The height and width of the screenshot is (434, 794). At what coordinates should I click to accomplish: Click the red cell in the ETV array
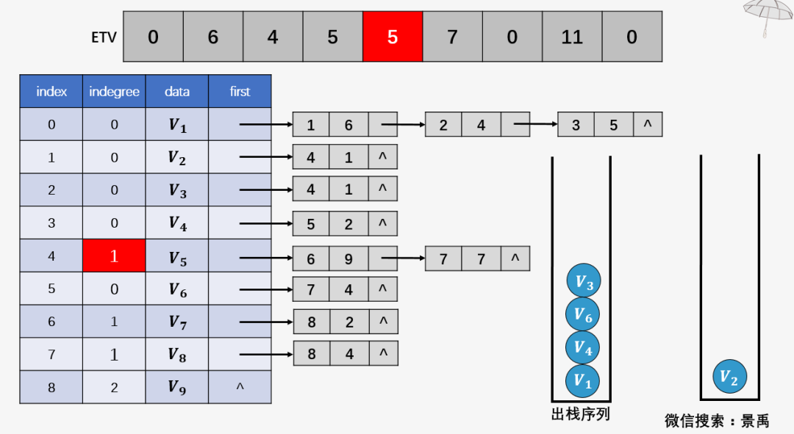[393, 37]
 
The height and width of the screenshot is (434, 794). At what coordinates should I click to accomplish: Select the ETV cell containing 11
[572, 37]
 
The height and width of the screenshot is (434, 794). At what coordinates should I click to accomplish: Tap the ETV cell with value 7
[452, 37]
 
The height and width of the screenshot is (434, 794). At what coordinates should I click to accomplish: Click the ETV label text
[104, 37]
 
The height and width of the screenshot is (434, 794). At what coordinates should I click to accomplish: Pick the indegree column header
[114, 92]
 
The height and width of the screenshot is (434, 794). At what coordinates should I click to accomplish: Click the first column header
[240, 92]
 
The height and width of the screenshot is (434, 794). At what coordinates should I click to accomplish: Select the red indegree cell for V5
[114, 256]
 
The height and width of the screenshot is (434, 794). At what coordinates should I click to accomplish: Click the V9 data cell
[176, 388]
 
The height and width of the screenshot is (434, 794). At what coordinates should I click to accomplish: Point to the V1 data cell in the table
[176, 124]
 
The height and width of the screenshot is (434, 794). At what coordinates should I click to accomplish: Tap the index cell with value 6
[51, 322]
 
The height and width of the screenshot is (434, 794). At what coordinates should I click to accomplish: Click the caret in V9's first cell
[240, 386]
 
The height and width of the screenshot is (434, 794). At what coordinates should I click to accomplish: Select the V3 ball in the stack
[584, 281]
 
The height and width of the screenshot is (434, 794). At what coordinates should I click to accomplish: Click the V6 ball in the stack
[583, 314]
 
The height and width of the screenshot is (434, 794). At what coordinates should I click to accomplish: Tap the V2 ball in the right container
[730, 376]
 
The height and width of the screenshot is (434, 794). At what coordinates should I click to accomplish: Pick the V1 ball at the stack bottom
[583, 381]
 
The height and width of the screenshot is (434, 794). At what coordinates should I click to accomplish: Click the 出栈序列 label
[580, 414]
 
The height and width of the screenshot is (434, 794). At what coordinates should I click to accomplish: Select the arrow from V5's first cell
[266, 258]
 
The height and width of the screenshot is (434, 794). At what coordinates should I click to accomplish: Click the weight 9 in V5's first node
[348, 259]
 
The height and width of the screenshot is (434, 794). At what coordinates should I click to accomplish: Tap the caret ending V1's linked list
[648, 123]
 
